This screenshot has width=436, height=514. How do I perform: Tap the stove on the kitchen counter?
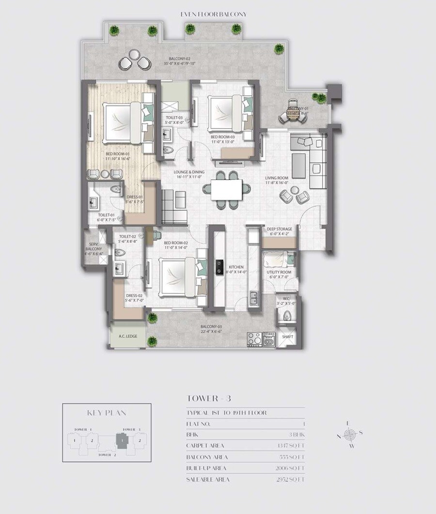click(219, 266)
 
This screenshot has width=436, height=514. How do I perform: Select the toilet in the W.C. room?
click(286, 316)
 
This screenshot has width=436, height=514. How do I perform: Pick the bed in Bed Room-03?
click(226, 113)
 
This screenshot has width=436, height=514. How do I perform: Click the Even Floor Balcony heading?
click(213, 15)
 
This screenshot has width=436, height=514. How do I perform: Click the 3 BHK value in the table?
click(296, 434)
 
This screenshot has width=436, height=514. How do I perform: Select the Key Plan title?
click(107, 413)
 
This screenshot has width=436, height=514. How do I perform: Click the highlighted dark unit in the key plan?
click(124, 441)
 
